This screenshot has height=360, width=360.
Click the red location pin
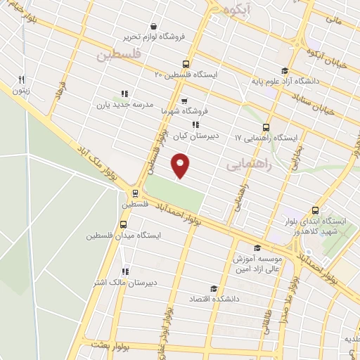181,166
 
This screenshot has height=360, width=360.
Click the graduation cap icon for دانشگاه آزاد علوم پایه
284,70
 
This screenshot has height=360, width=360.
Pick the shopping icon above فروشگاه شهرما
184,100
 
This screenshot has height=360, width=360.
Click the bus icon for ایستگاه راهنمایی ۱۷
266,127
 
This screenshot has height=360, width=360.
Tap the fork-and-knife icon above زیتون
22,79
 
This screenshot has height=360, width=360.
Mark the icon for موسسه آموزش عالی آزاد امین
257,247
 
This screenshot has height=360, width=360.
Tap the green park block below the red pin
175,193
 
